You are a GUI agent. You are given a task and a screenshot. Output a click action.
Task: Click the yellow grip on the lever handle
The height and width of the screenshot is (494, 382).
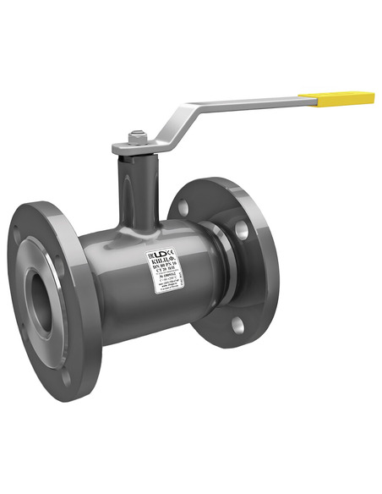click(344, 99)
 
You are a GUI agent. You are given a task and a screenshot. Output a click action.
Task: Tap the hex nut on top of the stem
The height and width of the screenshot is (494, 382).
click(137, 134)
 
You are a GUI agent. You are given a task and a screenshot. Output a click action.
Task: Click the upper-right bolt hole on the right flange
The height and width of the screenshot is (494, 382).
click(242, 227)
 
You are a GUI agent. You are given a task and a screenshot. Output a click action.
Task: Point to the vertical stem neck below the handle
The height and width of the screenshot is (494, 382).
click(135, 190)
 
